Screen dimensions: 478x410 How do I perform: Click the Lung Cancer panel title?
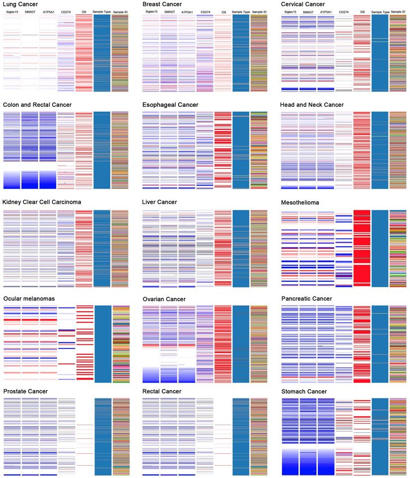coord(20,4)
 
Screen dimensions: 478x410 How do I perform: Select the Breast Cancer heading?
coord(162,4)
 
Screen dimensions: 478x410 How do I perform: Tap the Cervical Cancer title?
coord(303,4)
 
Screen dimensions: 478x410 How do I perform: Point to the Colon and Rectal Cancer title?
coord(37,105)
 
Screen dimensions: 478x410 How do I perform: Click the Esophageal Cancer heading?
coord(170,105)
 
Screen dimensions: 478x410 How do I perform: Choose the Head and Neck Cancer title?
coord(312,105)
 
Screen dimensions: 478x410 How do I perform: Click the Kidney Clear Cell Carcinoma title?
coord(42,202)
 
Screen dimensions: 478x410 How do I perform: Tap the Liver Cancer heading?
coord(160,202)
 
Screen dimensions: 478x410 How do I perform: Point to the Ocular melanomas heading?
coord(29,299)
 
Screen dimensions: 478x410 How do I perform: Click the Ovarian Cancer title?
coord(164,299)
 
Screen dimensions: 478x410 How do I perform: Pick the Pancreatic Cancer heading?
coord(307,299)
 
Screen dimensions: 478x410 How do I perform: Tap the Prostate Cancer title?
coord(26,392)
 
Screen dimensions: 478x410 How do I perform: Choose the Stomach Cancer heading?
coord(304,392)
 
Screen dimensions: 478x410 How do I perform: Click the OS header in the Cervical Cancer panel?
coord(362,11)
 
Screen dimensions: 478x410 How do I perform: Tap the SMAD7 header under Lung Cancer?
coord(30,11)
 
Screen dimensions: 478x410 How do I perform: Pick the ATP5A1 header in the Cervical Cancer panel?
coord(326,11)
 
